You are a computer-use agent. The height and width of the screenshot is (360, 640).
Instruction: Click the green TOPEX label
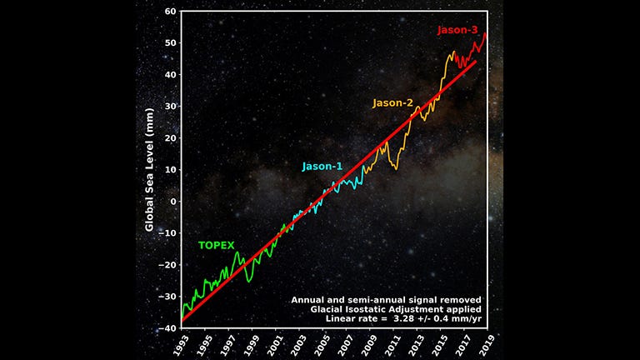point(216,246)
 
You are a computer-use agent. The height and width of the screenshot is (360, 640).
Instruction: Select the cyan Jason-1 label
point(322,167)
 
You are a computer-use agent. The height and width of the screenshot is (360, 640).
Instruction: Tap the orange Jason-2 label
point(392,103)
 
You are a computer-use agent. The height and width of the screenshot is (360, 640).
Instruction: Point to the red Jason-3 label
point(457,31)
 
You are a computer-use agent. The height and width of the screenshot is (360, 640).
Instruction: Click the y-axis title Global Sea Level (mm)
point(150,169)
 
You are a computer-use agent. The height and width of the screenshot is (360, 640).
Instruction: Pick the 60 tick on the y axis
point(169,12)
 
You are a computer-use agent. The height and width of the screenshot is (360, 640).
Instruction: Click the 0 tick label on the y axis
point(172,202)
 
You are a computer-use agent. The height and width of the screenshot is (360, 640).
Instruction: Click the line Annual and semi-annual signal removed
point(386,299)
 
